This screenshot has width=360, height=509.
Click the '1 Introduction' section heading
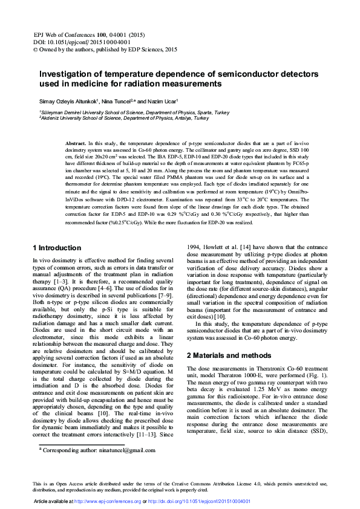[56, 248]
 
